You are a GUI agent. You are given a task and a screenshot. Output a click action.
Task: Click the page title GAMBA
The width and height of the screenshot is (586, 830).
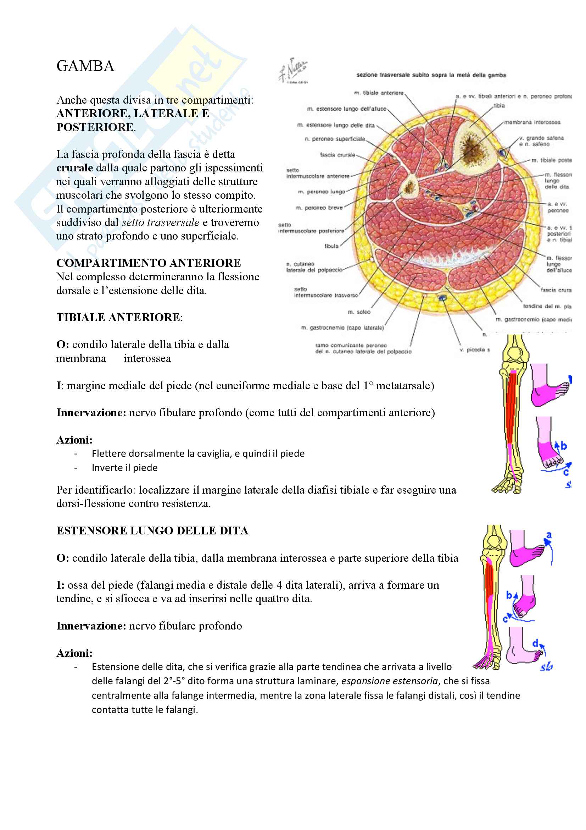coord(85,66)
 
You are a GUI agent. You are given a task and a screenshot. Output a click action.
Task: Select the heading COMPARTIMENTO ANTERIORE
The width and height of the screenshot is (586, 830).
coord(149,263)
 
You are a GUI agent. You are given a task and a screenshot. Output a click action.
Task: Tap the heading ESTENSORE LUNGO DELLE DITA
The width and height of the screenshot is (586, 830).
coord(152,531)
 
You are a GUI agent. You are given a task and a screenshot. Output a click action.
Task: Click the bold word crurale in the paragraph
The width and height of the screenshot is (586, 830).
coord(74,168)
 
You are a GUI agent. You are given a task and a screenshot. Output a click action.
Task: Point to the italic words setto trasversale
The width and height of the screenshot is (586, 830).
coord(161,222)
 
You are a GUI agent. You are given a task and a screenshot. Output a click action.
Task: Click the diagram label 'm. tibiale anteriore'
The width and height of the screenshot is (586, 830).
coord(379,93)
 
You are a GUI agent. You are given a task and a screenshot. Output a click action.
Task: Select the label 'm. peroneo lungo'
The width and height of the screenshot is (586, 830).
coord(321,192)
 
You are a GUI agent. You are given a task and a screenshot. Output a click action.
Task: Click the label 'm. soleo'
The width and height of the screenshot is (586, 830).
coord(359,312)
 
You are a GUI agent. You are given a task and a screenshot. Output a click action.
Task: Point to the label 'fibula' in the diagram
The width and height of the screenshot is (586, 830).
coord(331,246)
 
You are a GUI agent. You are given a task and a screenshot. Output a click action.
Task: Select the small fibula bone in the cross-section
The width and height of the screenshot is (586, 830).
coord(409,187)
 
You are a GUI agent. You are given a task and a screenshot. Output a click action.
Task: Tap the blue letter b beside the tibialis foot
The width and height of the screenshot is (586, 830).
coord(563,446)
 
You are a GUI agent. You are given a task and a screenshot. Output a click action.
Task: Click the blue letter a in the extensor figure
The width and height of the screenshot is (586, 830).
coord(549,535)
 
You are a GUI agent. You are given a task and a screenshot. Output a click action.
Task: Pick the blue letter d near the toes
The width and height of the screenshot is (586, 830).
coord(535,643)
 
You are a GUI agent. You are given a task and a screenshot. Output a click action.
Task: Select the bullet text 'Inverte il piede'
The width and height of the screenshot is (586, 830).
coord(124,468)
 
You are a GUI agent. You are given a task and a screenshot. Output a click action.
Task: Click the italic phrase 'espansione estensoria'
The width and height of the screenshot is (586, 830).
coord(389,681)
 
